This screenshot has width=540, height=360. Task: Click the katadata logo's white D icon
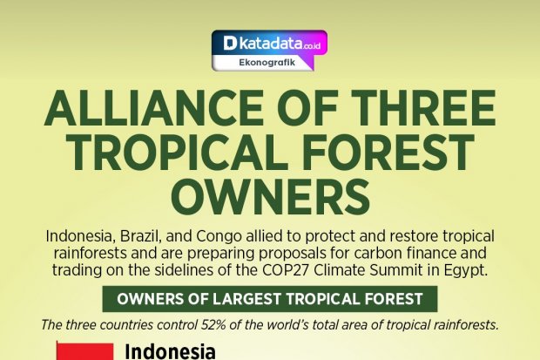[x=230, y=44]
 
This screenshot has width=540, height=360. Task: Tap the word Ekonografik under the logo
[x=267, y=63]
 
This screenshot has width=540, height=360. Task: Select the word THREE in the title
[x=423, y=108]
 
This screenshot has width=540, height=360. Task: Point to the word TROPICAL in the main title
[x=172, y=153]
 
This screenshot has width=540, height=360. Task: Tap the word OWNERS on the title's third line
[x=270, y=197]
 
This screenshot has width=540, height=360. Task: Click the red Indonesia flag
[x=85, y=351]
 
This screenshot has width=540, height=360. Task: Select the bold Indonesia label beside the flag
[x=170, y=352]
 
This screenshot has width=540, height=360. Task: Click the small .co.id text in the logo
[x=312, y=45]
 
